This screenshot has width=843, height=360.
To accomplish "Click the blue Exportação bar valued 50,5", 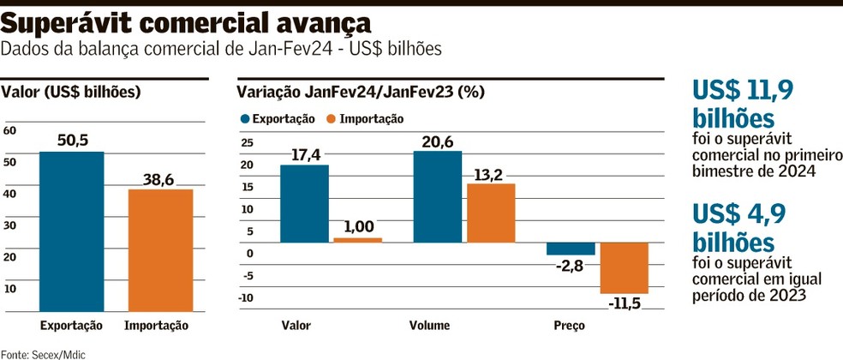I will click(x=71, y=231).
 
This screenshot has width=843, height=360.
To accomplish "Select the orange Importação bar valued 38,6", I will click(x=160, y=249).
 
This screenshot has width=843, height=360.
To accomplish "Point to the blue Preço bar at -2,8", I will click(x=571, y=249).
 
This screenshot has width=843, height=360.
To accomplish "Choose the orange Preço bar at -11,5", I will click(x=624, y=267).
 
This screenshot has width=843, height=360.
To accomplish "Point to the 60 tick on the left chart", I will click(x=10, y=130).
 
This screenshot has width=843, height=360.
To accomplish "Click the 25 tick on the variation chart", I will click(x=248, y=143).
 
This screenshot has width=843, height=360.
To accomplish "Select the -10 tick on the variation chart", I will click(x=247, y=297).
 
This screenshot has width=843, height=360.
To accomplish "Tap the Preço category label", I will click(x=569, y=326).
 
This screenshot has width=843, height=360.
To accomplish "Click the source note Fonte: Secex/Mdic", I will click(x=44, y=353).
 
